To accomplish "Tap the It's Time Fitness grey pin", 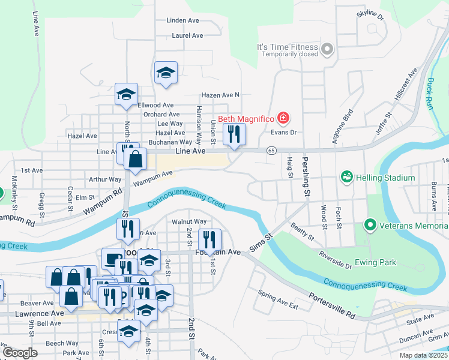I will click(x=327, y=49).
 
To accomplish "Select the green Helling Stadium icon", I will click(x=346, y=177).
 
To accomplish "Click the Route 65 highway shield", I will click(x=272, y=151).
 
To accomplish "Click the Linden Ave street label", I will click(x=183, y=20).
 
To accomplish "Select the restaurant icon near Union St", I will click(x=234, y=134).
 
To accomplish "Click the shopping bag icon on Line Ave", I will click(x=137, y=159).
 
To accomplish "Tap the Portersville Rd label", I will click(x=333, y=307).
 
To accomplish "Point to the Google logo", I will click(x=20, y=353).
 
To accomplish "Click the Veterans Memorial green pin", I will click(x=370, y=226).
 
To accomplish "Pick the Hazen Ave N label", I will click(x=220, y=95).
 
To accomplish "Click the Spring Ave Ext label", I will click(x=278, y=299).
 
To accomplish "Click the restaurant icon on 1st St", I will click(x=209, y=239).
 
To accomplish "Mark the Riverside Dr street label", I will click(x=336, y=259).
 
